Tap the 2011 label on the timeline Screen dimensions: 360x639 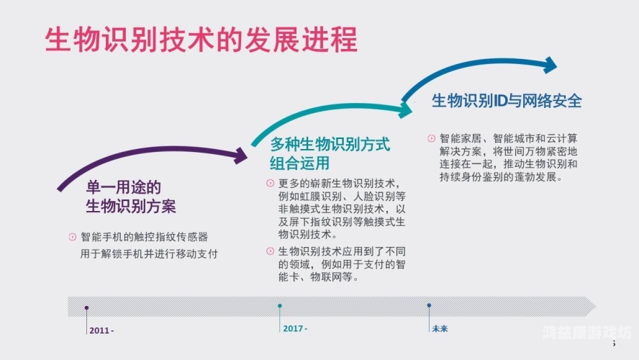pyautogui.click(x=101, y=330)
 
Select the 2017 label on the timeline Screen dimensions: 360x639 pyautogui.click(x=294, y=328)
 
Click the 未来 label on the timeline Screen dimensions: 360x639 pyautogui.click(x=440, y=328)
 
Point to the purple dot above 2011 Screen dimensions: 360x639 pyautogui.click(x=87, y=307)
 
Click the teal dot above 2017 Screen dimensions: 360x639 pyautogui.click(x=280, y=306)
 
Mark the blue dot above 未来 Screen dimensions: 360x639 pyautogui.click(x=429, y=305)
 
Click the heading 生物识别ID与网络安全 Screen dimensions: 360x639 pyautogui.click(x=507, y=101)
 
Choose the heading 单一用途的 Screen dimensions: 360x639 pyautogui.click(x=119, y=187)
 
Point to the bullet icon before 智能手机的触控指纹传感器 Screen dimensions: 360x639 pyautogui.click(x=71, y=237)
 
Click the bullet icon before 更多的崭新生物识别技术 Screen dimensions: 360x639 pyautogui.click(x=270, y=183)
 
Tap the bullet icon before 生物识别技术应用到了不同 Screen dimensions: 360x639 pyautogui.click(x=270, y=251)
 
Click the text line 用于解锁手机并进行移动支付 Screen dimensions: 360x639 pyautogui.click(x=149, y=254)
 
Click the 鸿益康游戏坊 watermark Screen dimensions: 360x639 pyautogui.click(x=586, y=333)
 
